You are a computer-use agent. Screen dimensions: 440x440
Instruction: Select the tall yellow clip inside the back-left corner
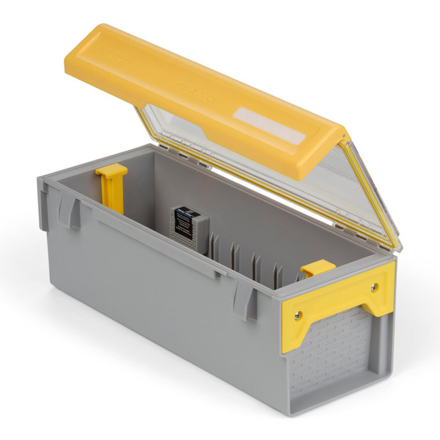[x=112, y=185]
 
